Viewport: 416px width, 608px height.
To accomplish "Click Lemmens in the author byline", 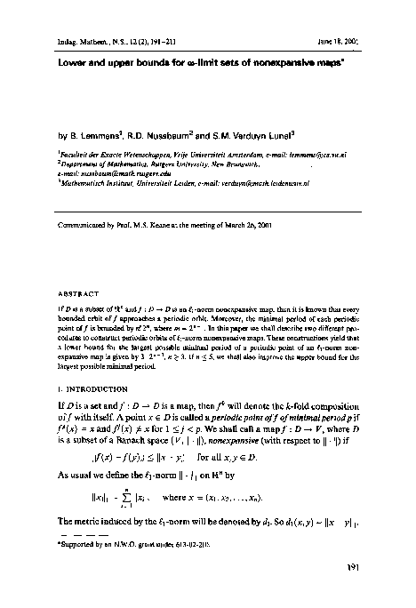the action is pyautogui.click(x=94, y=138).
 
